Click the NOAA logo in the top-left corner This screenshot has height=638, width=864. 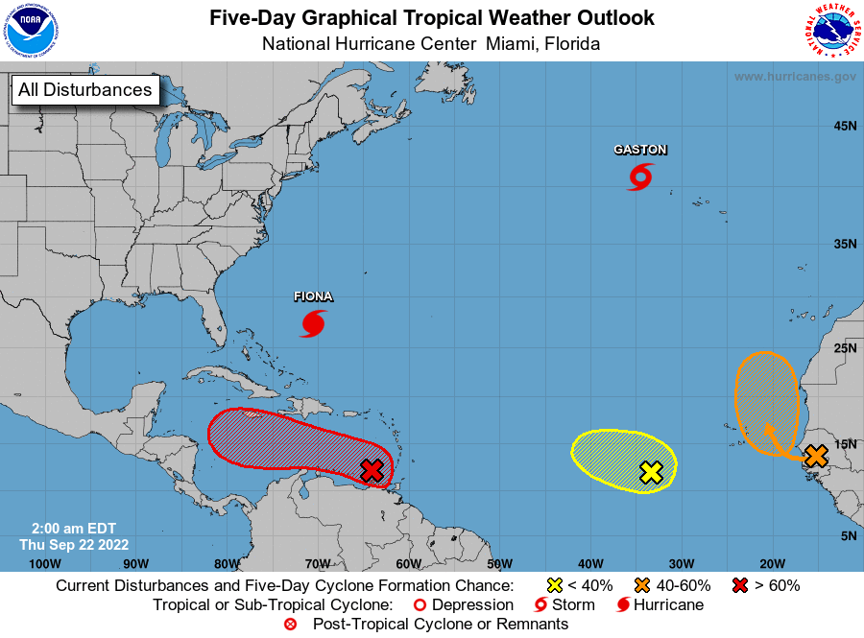[31, 31]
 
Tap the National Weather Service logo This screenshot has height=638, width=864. [830, 31]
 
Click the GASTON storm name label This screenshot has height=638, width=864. [640, 150]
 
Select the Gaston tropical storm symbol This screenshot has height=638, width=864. [640, 177]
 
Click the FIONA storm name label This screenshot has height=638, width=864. [313, 297]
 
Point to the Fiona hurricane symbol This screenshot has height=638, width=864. [313, 323]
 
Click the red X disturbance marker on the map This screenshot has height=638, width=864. [372, 469]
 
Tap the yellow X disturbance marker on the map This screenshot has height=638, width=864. [651, 471]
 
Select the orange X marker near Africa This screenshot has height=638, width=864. [815, 456]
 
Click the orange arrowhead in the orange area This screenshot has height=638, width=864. [768, 428]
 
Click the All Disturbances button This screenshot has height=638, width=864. [84, 90]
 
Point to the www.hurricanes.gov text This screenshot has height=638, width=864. [795, 76]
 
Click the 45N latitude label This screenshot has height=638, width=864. [845, 126]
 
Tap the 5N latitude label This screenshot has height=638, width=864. [848, 535]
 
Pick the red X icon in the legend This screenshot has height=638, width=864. [741, 585]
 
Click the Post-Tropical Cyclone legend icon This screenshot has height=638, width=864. [291, 625]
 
